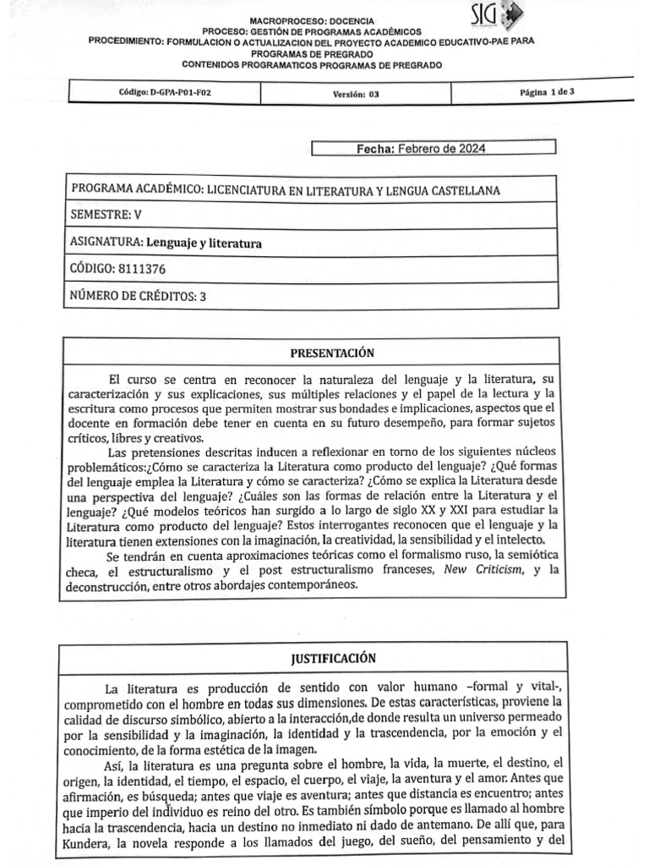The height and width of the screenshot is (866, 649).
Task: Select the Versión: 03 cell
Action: click(x=356, y=94)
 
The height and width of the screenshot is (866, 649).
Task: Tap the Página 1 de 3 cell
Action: click(x=548, y=92)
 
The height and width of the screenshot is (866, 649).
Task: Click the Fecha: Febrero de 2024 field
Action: click(x=433, y=149)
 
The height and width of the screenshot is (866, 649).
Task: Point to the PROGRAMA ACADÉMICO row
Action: click(x=286, y=190)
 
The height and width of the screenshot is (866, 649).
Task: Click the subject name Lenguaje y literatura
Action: click(x=205, y=243)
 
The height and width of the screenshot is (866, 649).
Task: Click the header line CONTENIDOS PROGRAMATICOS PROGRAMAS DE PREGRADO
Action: click(x=312, y=65)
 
